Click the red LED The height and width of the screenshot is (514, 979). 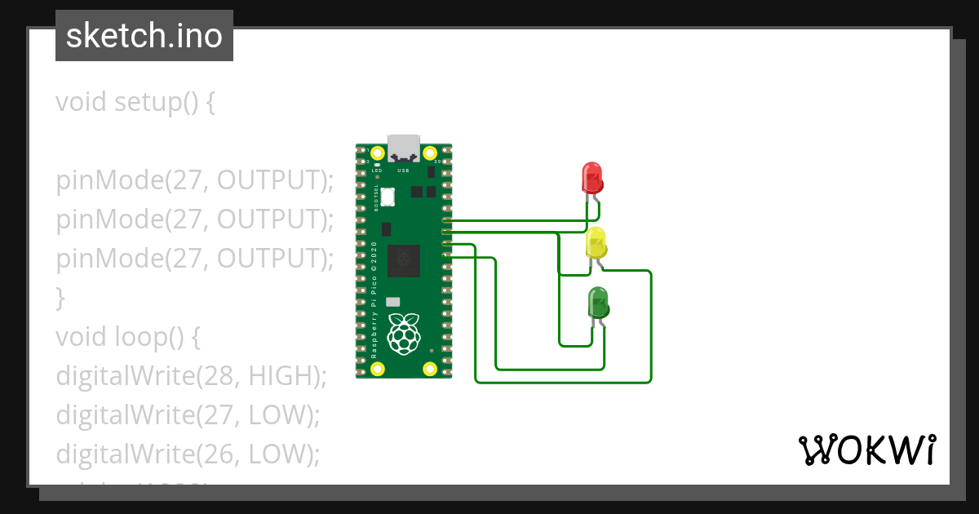(x=591, y=177)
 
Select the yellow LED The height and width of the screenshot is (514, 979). (x=596, y=242)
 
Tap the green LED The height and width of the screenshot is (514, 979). (x=598, y=303)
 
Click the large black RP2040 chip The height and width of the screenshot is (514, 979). (x=404, y=260)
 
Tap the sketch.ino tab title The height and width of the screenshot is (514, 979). (x=144, y=36)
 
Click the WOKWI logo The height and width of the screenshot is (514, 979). (x=867, y=450)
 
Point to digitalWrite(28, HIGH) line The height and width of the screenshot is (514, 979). (x=191, y=375)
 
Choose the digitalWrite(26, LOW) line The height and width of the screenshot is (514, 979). (x=187, y=454)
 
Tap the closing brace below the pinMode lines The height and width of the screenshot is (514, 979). (x=60, y=297)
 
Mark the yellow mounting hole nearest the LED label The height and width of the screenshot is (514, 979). (x=377, y=153)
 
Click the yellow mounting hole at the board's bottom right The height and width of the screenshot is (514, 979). (x=429, y=368)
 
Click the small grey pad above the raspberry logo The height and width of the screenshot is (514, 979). (x=393, y=302)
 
